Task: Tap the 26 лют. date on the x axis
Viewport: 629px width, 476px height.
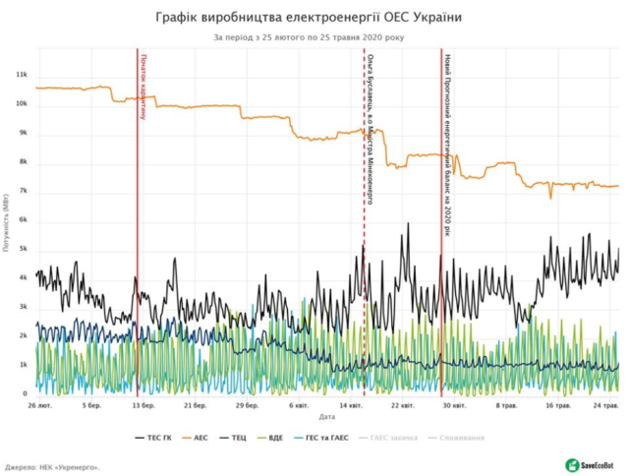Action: (x=40, y=405)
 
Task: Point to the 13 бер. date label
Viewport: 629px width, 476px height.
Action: (x=143, y=405)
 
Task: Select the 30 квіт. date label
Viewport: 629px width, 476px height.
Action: (x=453, y=405)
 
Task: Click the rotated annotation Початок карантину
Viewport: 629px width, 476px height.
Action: (x=143, y=86)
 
